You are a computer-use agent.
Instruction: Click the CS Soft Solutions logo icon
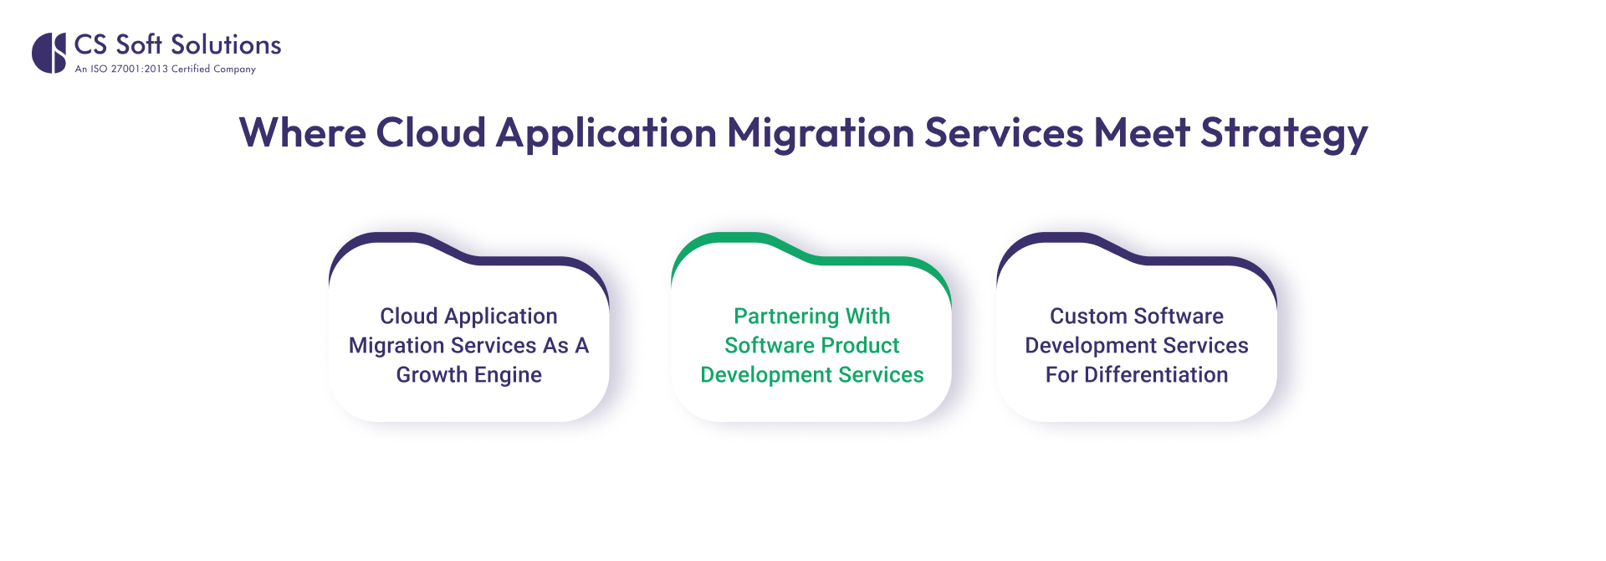click(49, 53)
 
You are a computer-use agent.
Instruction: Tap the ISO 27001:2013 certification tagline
click(165, 69)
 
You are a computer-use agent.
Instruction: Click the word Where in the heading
click(303, 133)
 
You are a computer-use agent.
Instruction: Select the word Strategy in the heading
click(1284, 134)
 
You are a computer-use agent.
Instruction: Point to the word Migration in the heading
click(821, 134)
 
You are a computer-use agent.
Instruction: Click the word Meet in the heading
click(1142, 133)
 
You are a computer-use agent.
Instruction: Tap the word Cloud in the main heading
click(431, 133)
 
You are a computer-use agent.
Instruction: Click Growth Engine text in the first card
click(468, 375)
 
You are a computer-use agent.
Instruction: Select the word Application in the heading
click(606, 134)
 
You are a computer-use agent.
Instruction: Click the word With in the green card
click(867, 317)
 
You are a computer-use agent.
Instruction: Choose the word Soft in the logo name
click(138, 44)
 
